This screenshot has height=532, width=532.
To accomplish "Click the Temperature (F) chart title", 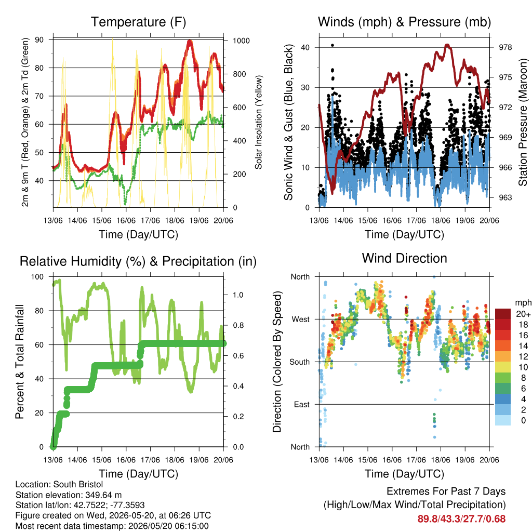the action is tap(138, 22).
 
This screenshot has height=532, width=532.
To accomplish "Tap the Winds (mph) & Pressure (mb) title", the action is tap(404, 22).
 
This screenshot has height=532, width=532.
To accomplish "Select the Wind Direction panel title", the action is tap(404, 258).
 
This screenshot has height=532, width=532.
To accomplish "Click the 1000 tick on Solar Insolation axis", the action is tap(241, 41).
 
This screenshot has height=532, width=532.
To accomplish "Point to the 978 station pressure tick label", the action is tap(505, 47).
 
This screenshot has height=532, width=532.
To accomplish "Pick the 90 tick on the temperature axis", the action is tap(39, 39).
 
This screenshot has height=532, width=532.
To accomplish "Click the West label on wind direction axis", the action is tap(301, 320).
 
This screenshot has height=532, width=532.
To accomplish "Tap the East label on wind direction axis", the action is tap(302, 404).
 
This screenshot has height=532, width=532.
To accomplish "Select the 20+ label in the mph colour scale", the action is tap(523, 314).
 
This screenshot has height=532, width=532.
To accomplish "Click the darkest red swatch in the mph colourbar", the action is tap(503, 314).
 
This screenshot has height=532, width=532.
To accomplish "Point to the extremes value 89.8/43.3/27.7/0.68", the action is tap(461, 519).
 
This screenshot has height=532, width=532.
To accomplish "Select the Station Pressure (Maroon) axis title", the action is tap(523, 122).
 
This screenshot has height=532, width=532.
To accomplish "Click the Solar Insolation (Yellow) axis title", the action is tap(259, 122).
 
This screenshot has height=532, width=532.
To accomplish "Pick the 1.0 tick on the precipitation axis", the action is tap(238, 295).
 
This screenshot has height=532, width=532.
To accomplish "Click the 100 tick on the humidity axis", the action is tap(37, 277).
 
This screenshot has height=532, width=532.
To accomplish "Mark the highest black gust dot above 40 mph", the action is tap(332, 45).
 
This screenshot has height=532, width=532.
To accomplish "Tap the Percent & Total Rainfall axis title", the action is tap(20, 362).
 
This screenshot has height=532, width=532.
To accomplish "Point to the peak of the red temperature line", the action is tap(190, 41).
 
